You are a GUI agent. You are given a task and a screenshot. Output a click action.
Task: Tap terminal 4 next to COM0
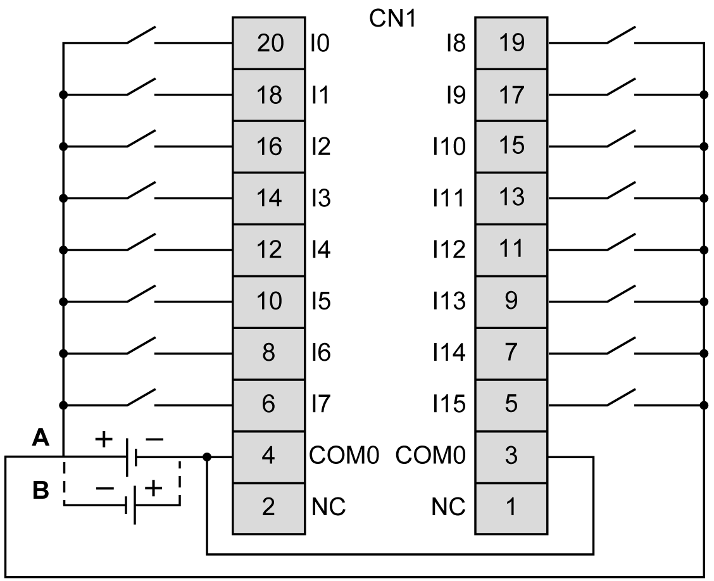268,456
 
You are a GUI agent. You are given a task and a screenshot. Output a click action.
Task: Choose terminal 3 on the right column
511,456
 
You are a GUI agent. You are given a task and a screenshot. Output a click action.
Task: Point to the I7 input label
320,404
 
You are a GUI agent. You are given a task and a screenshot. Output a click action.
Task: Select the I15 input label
449,404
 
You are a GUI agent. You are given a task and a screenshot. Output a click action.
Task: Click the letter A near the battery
41,437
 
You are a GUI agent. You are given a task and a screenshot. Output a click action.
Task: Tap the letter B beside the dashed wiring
41,490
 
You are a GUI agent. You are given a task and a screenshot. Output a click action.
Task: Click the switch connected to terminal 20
141,37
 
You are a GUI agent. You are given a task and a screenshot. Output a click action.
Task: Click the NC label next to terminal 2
329,507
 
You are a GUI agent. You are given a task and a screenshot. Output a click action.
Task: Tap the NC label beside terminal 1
448,507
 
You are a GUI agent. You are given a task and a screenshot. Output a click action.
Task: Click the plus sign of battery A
104,437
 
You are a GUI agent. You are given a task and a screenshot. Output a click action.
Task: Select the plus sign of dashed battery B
154,488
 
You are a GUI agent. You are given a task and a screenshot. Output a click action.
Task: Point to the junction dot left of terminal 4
207,456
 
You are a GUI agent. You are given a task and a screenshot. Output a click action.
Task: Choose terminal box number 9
511,301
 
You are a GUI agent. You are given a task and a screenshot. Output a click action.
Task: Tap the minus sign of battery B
105,488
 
